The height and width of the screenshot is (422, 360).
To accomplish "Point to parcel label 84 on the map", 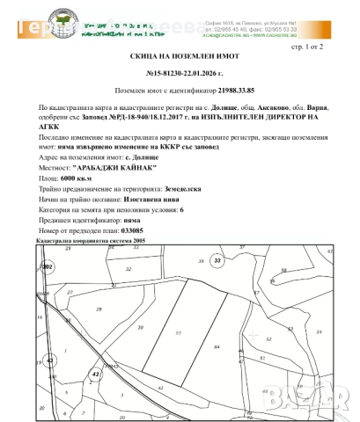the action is coord(216,347).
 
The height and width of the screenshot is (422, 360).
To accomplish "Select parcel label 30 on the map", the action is coord(141,327).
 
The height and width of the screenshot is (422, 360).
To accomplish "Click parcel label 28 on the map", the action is coord(99,309).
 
